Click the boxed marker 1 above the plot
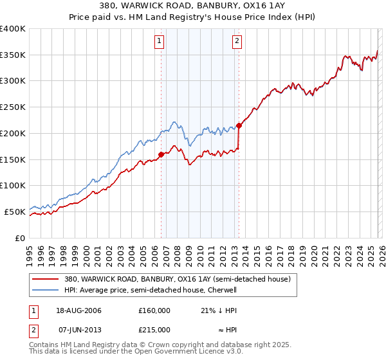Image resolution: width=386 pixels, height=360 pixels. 159,42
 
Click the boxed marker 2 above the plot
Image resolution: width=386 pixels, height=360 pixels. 237,42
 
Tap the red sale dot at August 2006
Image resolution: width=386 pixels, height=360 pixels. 161,154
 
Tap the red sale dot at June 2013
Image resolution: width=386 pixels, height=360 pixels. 239,125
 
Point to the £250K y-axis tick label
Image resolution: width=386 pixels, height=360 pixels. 13,107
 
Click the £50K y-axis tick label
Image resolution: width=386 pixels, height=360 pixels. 15,212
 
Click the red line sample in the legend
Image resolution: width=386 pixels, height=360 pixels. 46,280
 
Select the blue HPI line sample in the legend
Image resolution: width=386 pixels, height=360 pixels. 46,291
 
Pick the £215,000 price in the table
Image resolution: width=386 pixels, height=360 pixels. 154,329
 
